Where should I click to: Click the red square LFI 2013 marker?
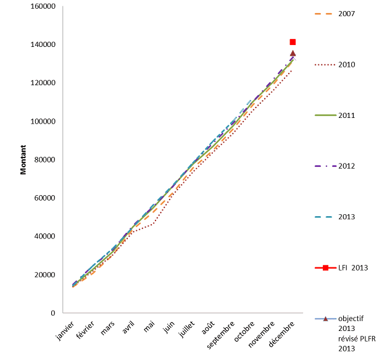(x=293, y=42)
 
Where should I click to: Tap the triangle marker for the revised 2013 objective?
(x=293, y=54)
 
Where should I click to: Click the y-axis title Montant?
(x=23, y=160)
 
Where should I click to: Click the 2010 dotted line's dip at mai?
(x=152, y=224)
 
